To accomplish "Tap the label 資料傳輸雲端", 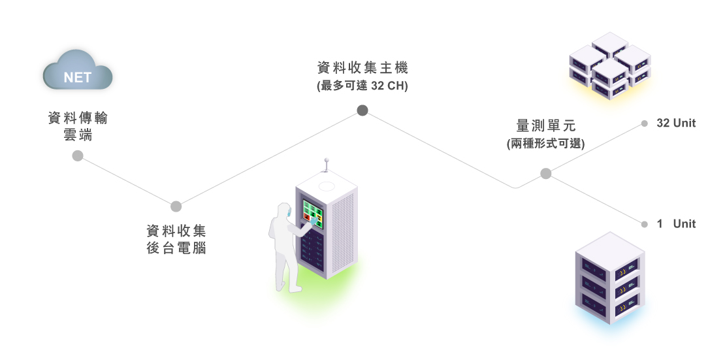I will click(x=78, y=127).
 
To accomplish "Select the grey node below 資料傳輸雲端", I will click(x=78, y=155).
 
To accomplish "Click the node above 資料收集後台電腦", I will click(x=176, y=206).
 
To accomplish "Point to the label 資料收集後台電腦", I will click(x=176, y=239).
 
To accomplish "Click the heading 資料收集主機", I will click(x=362, y=68).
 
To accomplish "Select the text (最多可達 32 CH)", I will click(x=362, y=86).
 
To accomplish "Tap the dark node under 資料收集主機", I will click(x=362, y=110).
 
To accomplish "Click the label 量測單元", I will click(x=546, y=125).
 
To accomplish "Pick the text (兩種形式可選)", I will click(x=546, y=143).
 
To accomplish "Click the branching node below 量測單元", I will click(x=546, y=173).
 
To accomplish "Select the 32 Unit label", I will click(x=676, y=123).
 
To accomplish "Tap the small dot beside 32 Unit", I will click(x=644, y=123).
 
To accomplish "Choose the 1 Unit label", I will click(x=676, y=223).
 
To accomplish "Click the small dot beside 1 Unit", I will click(x=644, y=224).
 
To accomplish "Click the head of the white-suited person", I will click(x=282, y=211).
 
